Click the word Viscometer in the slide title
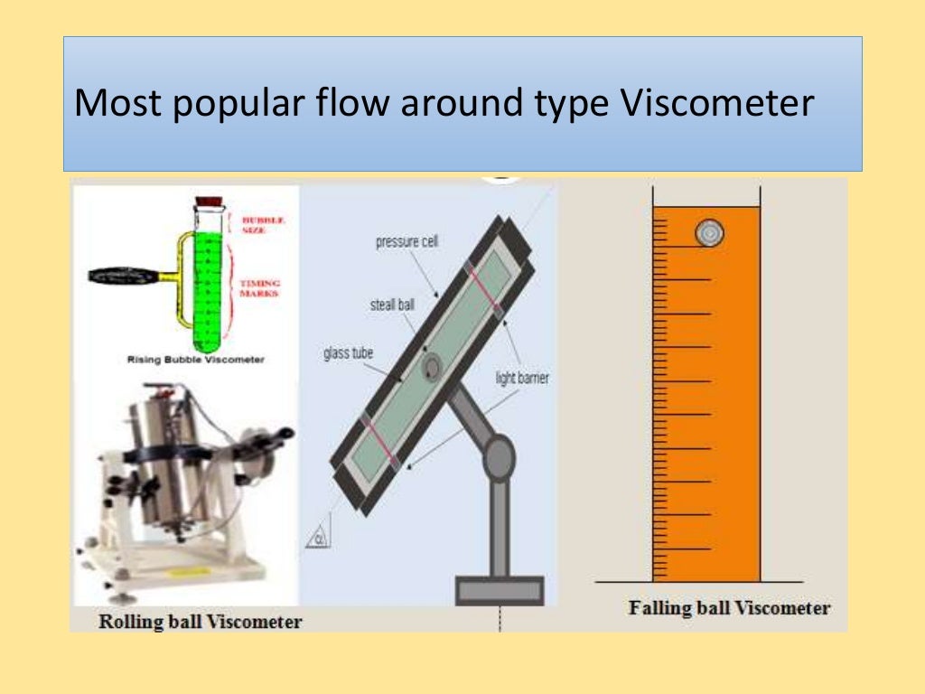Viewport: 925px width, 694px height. tap(719, 105)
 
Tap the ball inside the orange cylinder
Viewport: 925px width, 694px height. tap(709, 234)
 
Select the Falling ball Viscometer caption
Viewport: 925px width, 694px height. tap(729, 608)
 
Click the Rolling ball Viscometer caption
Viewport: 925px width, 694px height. tap(200, 621)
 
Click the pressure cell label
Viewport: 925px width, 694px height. tap(406, 242)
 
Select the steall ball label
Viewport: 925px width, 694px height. tap(392, 305)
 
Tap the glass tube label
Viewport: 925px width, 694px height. tap(349, 353)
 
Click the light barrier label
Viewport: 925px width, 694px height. tap(521, 378)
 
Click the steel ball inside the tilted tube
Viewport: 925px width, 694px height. tap(432, 366)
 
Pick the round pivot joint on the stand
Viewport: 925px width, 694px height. tap(498, 457)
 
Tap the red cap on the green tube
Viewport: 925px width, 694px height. tap(210, 203)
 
